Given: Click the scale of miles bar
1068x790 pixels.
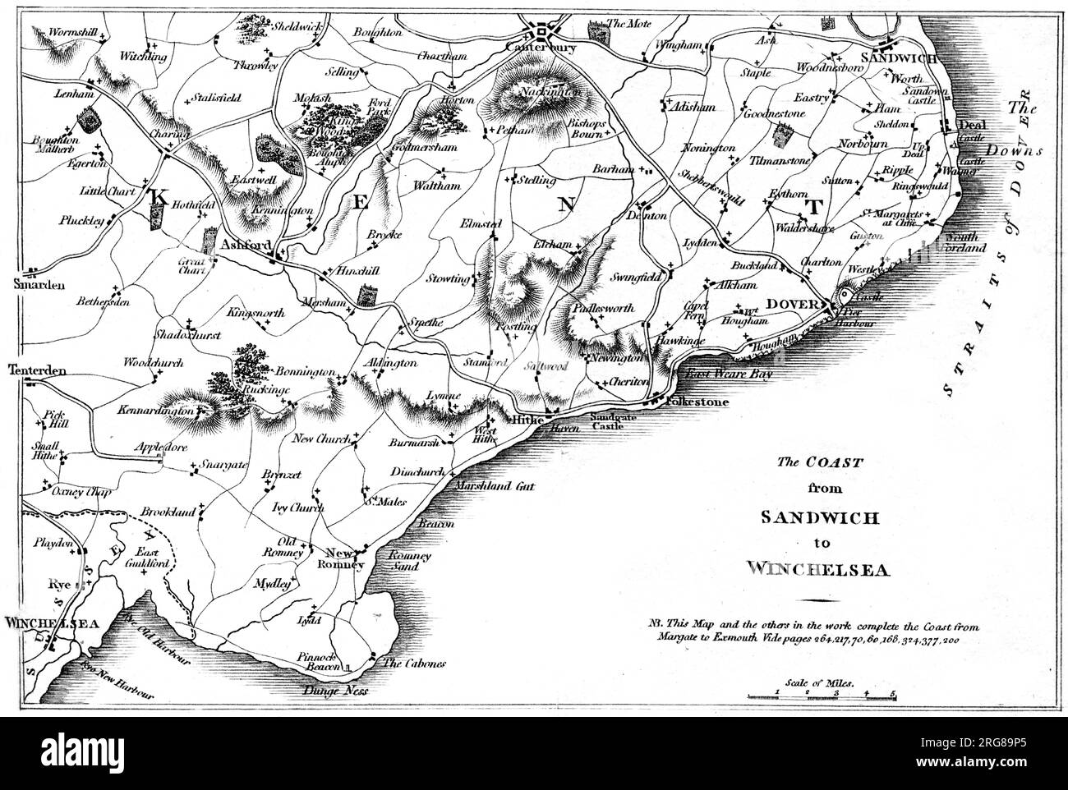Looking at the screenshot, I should [x=822, y=697].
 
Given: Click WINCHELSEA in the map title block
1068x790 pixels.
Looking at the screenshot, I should [x=818, y=567].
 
